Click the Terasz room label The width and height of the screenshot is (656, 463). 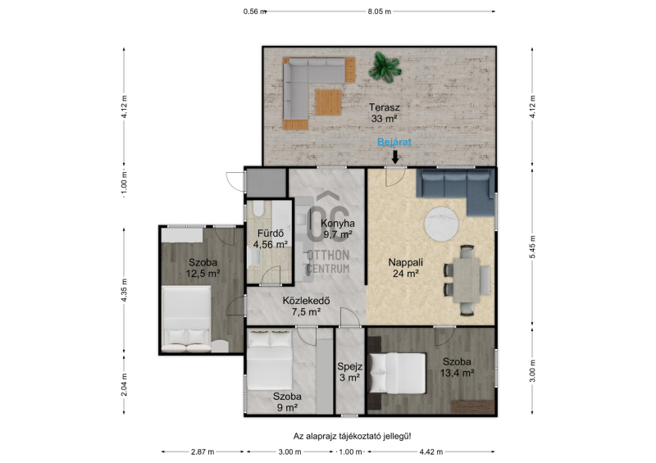(384, 113)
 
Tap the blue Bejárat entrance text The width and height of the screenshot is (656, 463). (394, 142)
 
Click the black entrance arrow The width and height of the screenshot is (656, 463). (394, 157)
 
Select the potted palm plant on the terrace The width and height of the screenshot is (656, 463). (385, 66)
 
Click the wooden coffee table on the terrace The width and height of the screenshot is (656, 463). (329, 102)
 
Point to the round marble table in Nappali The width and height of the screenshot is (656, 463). (441, 225)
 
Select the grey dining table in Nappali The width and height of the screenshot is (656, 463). (467, 279)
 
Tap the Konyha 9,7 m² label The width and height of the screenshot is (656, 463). (338, 229)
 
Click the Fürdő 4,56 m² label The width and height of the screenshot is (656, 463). (271, 238)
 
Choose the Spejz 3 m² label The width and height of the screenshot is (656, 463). (350, 372)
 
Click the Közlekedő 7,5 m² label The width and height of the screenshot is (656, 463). (306, 306)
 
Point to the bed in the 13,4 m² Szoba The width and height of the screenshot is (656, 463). (397, 373)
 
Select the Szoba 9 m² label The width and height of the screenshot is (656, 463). (287, 402)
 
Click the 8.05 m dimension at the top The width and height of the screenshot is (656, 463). (380, 11)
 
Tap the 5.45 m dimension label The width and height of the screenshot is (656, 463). (532, 247)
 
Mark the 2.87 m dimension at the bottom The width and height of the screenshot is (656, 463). (203, 452)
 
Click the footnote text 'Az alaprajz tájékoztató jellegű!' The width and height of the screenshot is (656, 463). (353, 436)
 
